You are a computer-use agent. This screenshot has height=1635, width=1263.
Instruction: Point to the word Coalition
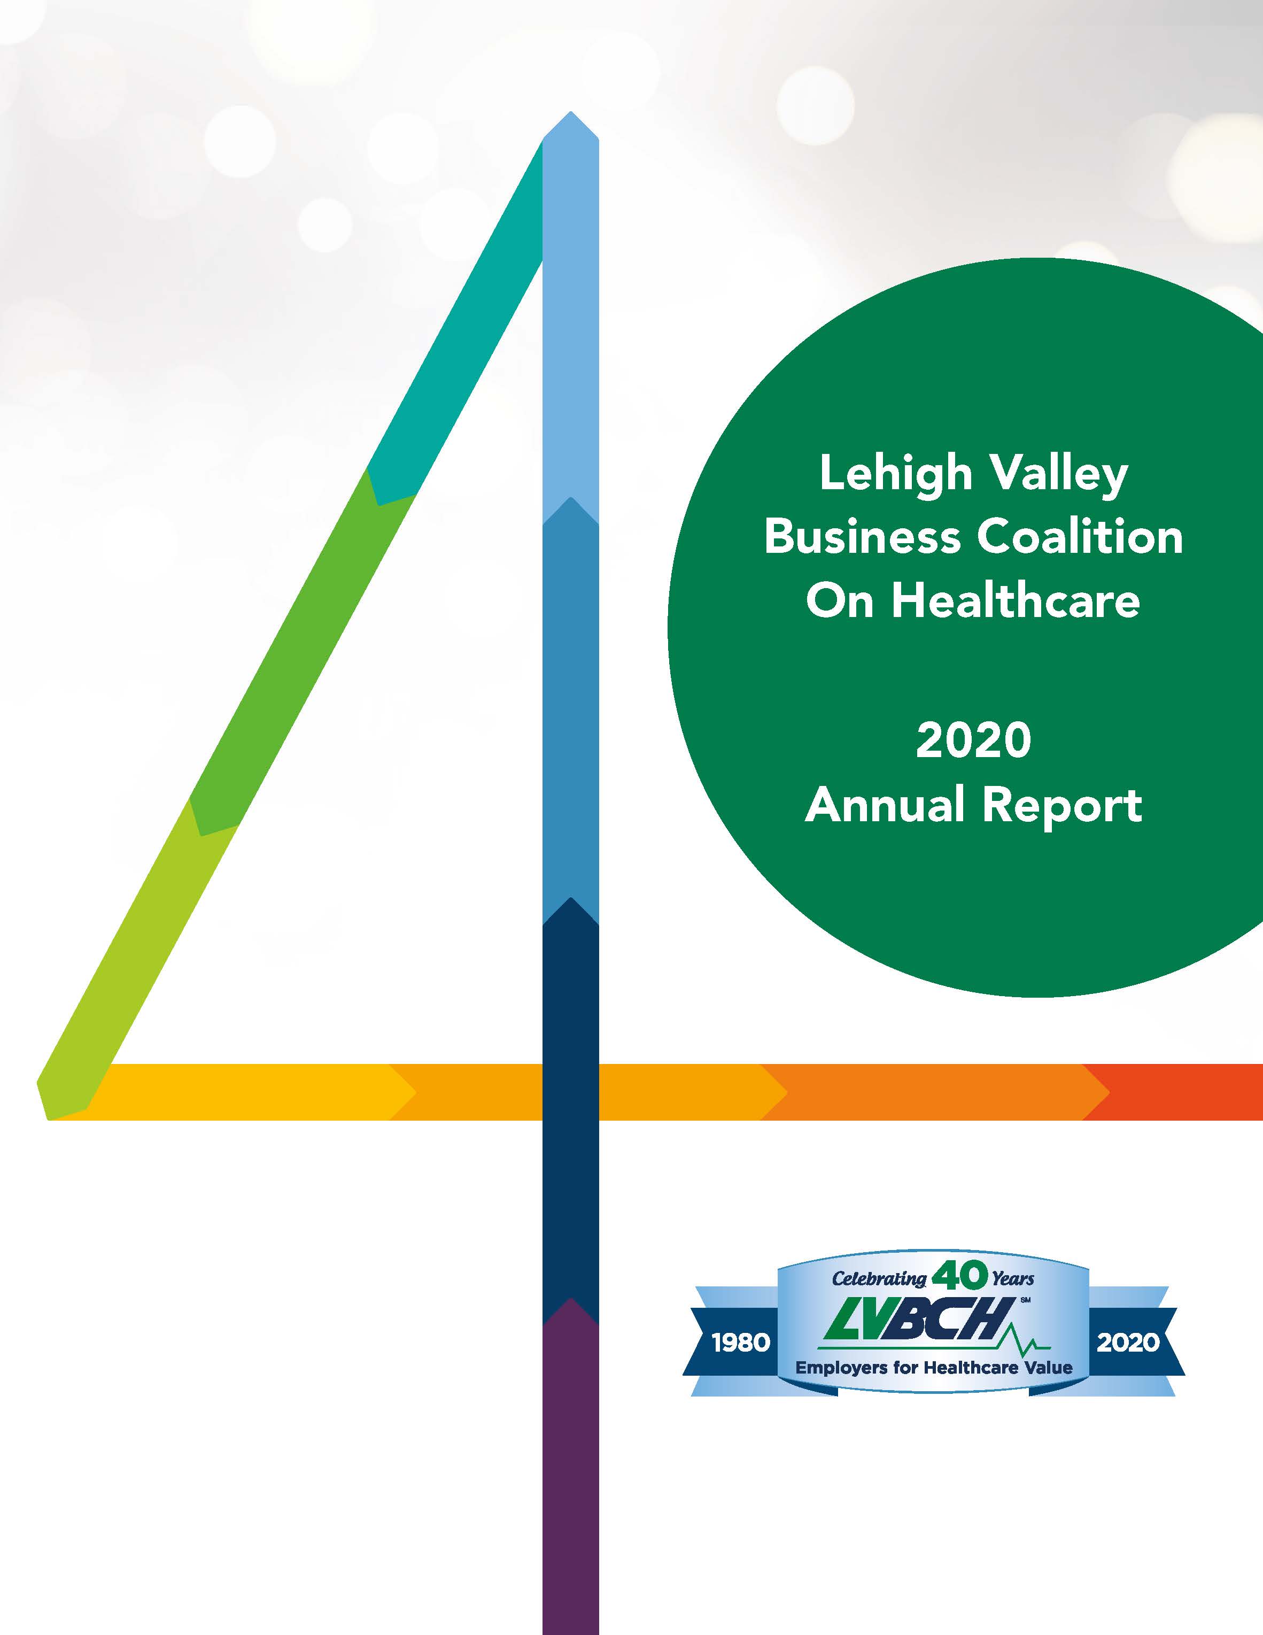click(x=1080, y=537)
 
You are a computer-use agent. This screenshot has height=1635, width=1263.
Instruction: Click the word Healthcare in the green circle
click(x=1016, y=600)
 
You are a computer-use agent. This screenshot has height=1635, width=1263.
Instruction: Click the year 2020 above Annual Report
click(x=973, y=741)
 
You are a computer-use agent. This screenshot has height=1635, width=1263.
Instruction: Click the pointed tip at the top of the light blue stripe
click(x=571, y=112)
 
